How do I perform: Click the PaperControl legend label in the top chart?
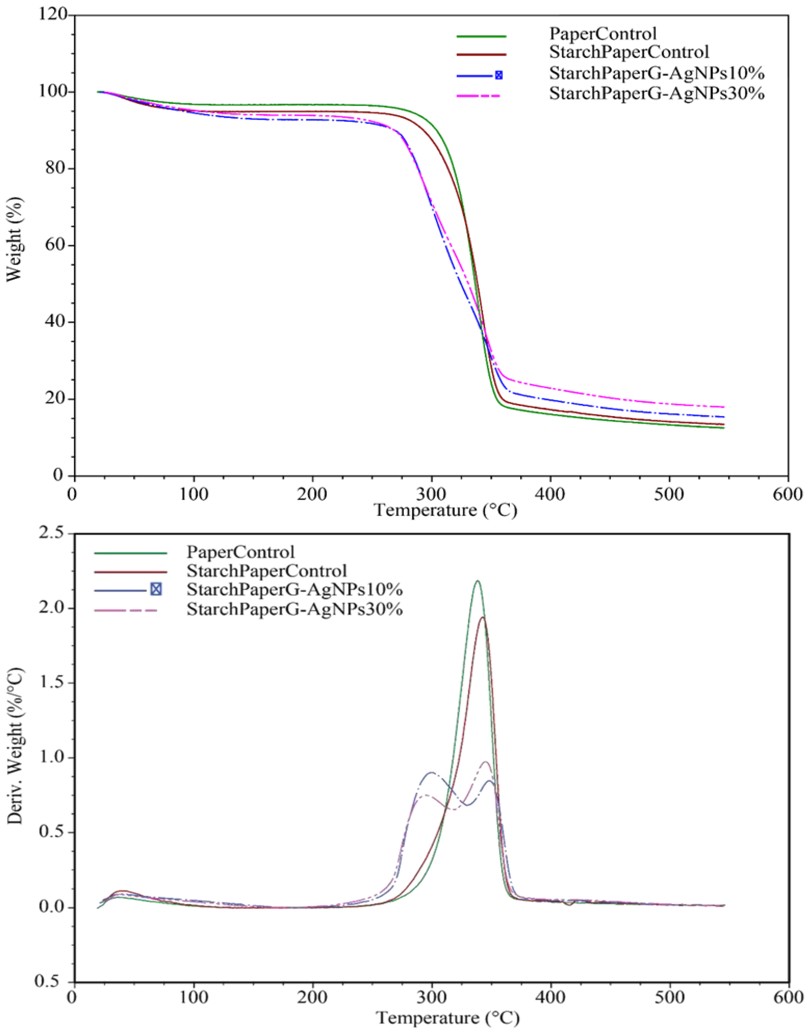(x=603, y=34)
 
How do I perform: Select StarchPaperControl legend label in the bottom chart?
(x=266, y=571)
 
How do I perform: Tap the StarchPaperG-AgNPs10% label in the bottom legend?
(x=294, y=590)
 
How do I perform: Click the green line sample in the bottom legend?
(x=131, y=552)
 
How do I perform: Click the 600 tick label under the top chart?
(x=788, y=493)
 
